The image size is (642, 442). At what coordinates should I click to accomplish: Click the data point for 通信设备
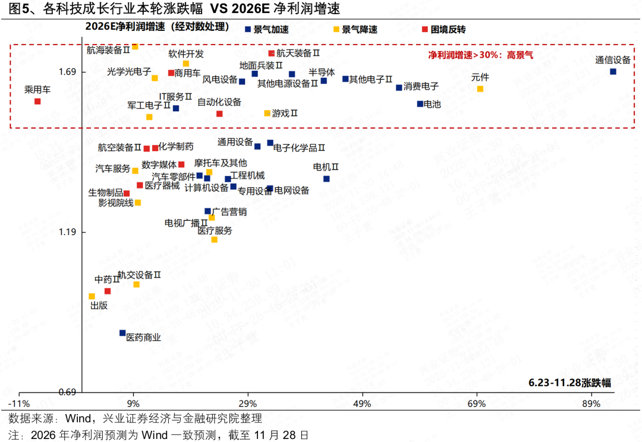(x=613, y=71)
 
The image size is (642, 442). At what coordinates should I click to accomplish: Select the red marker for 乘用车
(x=37, y=101)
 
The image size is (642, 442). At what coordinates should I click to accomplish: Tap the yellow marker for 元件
(x=480, y=89)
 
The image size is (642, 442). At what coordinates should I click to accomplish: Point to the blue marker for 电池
(x=420, y=104)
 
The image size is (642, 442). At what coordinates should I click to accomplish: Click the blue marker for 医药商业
(x=122, y=333)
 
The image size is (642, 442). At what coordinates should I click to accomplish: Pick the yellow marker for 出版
(x=92, y=296)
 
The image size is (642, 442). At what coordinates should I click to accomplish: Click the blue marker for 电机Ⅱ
(x=326, y=178)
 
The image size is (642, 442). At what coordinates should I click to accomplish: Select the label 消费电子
(x=421, y=87)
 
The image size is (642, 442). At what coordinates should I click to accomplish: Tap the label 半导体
(x=322, y=72)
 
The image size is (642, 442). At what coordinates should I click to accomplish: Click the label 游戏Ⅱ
(x=285, y=113)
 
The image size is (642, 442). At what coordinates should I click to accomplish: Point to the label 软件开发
(x=186, y=54)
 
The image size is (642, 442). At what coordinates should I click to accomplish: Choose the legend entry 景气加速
(x=270, y=29)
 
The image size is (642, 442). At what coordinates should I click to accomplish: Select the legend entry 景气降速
(x=358, y=29)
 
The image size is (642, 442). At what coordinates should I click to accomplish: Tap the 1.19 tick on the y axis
(x=66, y=232)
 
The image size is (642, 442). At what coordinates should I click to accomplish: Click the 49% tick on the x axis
(x=362, y=404)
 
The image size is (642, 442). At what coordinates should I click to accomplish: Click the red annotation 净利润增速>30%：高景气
(x=481, y=55)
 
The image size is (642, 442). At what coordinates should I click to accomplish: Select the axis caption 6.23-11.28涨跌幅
(x=569, y=383)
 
